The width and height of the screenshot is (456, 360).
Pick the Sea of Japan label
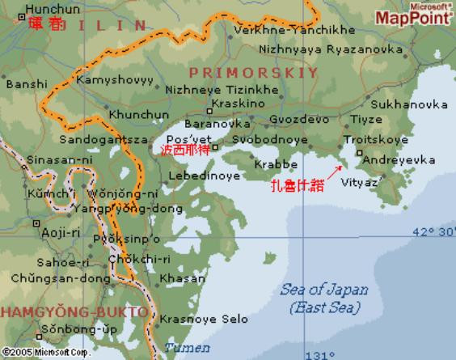323,290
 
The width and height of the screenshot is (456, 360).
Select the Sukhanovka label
410,104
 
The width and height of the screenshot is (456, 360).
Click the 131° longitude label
319,354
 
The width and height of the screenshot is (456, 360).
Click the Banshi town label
25,83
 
